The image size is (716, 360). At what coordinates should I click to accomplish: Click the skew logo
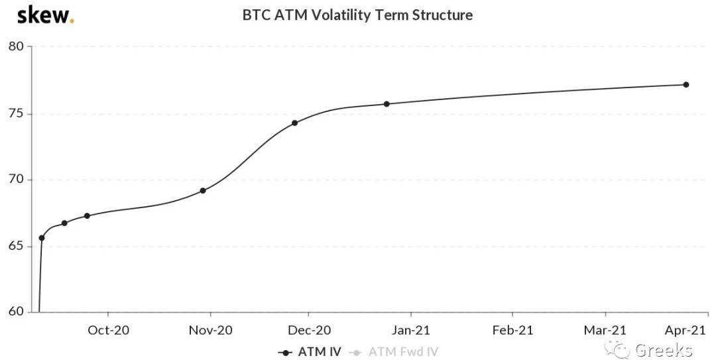pos(45,15)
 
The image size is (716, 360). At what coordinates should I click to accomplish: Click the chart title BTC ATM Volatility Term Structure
pos(357,15)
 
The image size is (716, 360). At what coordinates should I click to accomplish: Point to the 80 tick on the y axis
pos(16,46)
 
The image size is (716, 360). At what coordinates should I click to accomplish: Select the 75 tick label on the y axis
pos(16,113)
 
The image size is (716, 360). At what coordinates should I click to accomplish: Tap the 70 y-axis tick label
pos(16,180)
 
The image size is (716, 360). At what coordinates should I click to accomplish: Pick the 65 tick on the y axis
pos(16,246)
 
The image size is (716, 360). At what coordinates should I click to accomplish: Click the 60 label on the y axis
pos(16,312)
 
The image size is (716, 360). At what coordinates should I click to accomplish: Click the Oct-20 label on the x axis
pos(108,330)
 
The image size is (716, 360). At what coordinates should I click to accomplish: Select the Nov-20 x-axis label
pos(210,330)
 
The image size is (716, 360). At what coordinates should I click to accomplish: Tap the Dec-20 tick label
pos(308,330)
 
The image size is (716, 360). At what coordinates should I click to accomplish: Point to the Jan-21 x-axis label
pos(410,330)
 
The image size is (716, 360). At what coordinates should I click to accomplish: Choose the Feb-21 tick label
pos(512,330)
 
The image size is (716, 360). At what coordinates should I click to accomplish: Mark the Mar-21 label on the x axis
pos(605,330)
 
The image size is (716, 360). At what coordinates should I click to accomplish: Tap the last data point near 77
pos(686,85)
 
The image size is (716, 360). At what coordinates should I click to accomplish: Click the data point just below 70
pos(203,191)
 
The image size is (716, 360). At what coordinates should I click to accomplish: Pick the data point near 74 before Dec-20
pos(295,123)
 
